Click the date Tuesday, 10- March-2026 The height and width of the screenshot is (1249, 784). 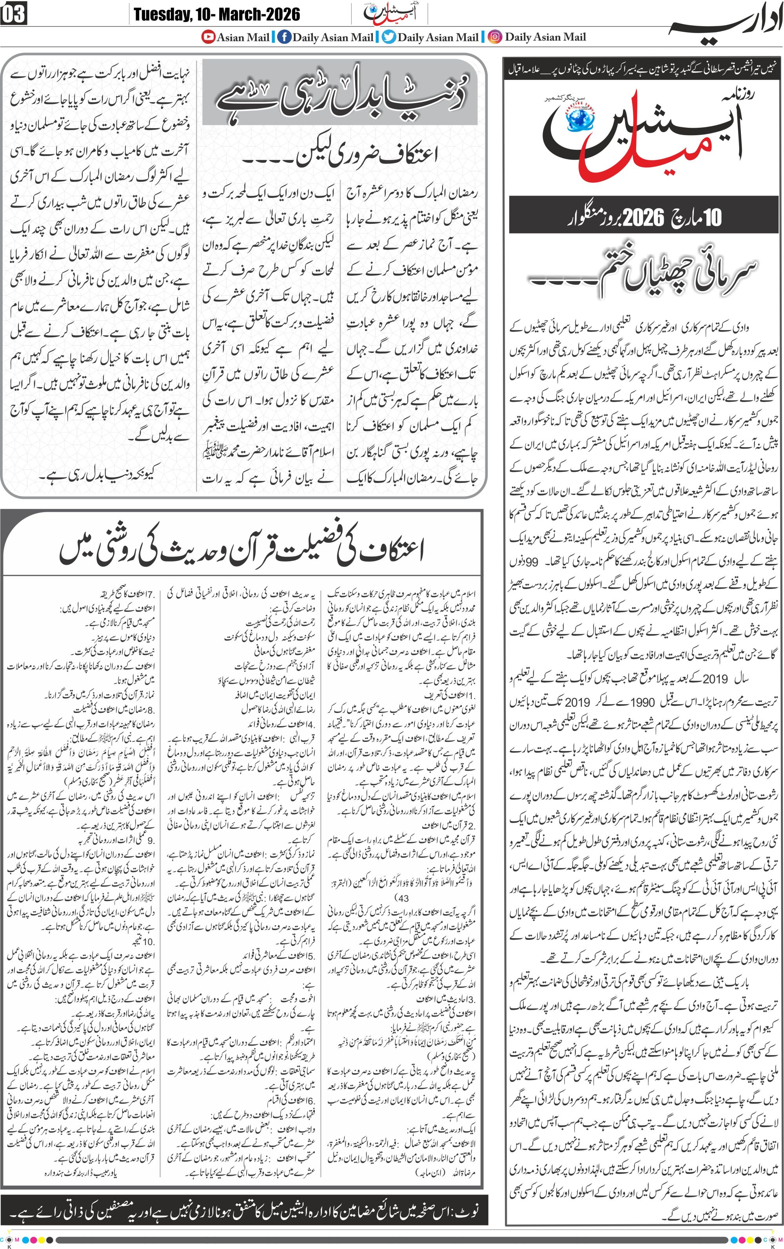click(217, 14)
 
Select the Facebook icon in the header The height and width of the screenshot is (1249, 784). click(284, 37)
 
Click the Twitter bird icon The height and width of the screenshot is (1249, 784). click(388, 37)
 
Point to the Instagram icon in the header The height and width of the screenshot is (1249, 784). click(496, 37)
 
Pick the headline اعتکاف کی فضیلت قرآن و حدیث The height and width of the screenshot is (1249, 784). click(241, 550)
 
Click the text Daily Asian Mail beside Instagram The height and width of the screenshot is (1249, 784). click(545, 37)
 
